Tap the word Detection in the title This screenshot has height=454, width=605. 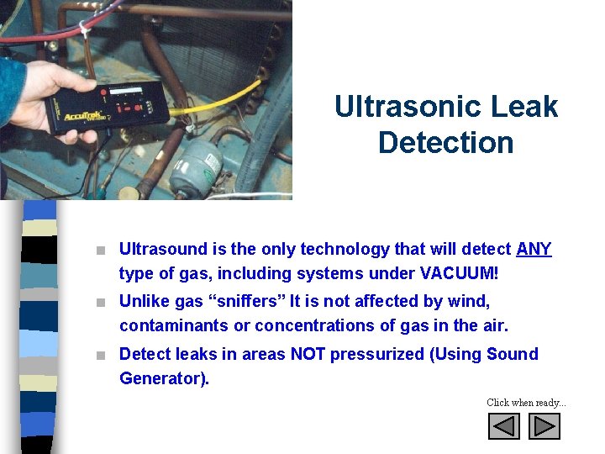coord(445,142)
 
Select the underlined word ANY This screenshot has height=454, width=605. coord(534,249)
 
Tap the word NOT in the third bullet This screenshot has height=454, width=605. coord(308,354)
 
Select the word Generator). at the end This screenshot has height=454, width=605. coord(164,378)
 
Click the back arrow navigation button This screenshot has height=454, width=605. coord(504,427)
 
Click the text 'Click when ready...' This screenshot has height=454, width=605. coord(526,403)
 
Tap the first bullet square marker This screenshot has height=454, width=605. coord(101,250)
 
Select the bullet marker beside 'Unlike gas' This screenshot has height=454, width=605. coord(101,302)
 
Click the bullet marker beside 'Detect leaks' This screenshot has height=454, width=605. coord(101,355)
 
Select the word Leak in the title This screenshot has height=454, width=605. coord(528,107)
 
